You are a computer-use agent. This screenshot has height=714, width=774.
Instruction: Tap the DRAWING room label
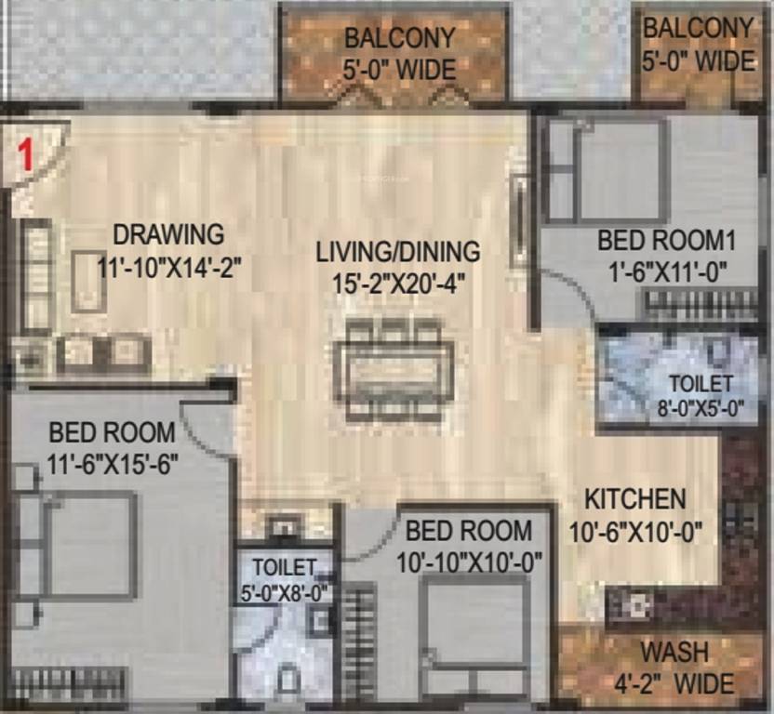pyautogui.click(x=168, y=233)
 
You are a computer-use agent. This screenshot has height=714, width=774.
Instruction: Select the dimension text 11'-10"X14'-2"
pyautogui.click(x=169, y=266)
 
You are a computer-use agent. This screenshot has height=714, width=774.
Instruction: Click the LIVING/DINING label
pyautogui.click(x=397, y=251)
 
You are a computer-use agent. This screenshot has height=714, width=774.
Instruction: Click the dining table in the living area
pyautogui.click(x=394, y=368)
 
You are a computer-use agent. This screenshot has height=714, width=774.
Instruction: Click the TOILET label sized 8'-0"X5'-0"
pyautogui.click(x=701, y=383)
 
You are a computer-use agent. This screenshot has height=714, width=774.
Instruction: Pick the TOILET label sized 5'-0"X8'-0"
pyautogui.click(x=285, y=566)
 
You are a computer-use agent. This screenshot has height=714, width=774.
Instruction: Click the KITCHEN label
pyautogui.click(x=635, y=499)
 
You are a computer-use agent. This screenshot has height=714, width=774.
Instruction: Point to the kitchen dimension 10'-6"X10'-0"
pyautogui.click(x=635, y=532)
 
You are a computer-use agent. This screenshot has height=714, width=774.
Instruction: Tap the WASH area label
pyautogui.click(x=674, y=650)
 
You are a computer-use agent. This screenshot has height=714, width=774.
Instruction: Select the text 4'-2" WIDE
pyautogui.click(x=674, y=683)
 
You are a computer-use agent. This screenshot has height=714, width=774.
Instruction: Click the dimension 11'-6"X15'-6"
pyautogui.click(x=112, y=463)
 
